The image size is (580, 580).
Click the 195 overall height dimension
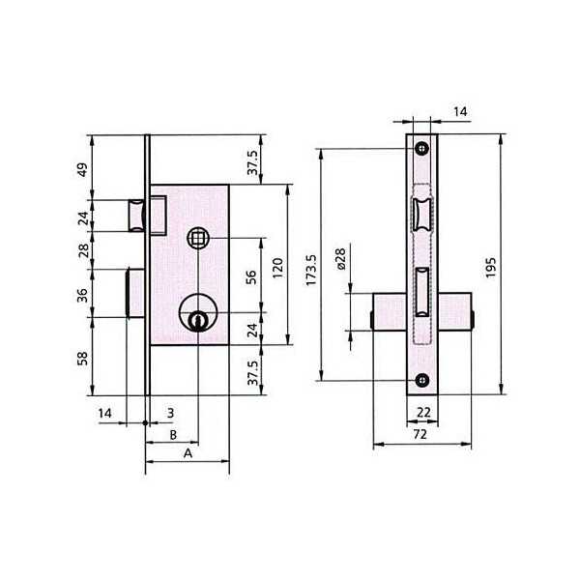tap(490, 268)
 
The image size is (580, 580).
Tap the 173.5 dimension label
tap(311, 270)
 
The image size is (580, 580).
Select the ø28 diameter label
tap(340, 259)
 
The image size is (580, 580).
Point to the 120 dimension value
tap(277, 268)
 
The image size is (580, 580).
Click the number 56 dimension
tap(251, 277)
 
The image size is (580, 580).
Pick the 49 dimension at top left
tap(83, 169)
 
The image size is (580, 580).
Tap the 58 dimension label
tap(82, 358)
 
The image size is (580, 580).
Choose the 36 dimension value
tap(82, 295)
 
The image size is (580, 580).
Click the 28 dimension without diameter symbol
tap(84, 250)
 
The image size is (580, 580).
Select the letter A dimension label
tap(188, 453)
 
